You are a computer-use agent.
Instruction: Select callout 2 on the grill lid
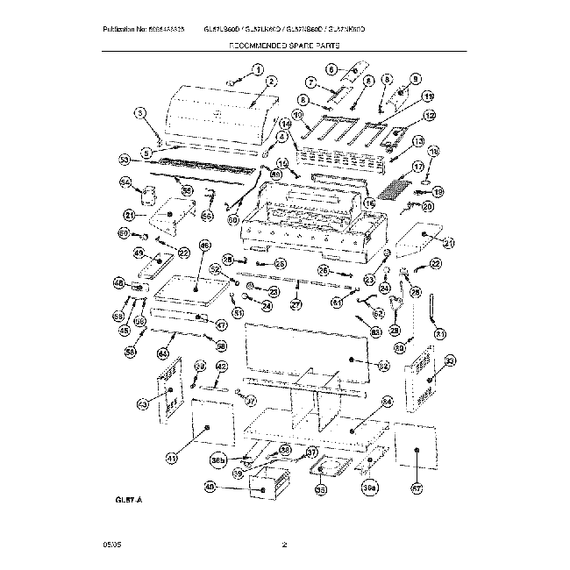(272, 82)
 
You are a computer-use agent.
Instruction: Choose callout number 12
(430, 115)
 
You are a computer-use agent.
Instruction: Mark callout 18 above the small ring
(432, 151)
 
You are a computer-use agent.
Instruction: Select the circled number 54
(125, 182)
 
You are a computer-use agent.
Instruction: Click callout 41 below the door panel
(172, 458)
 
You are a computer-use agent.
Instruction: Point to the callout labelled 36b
(218, 459)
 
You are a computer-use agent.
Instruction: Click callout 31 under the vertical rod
(439, 333)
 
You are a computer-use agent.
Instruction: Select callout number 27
(296, 305)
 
